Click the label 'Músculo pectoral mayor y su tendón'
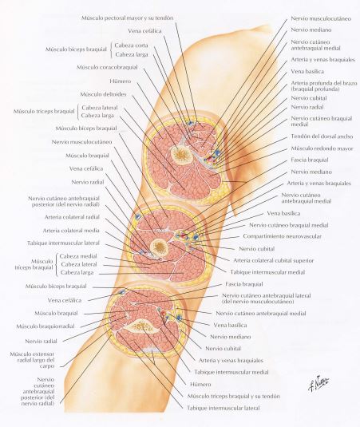click(127, 18)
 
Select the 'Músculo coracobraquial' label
click(107, 67)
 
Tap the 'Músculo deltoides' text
click(103, 94)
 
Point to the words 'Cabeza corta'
click(131, 45)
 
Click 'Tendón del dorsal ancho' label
click(322, 136)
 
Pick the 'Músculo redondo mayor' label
click(322, 148)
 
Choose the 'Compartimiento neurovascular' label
click(282, 236)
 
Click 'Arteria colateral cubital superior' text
click(274, 261)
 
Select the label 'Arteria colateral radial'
click(72, 217)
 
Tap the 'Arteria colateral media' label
click(71, 231)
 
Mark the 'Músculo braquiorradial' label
click(45, 326)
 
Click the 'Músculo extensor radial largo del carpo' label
click(32, 360)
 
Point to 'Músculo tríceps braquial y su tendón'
click(233, 396)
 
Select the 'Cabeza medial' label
click(78, 256)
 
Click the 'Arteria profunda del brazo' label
click(324, 83)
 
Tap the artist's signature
click(318, 384)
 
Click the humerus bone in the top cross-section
click(180, 155)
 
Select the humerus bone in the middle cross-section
click(160, 248)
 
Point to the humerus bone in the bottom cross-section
click(141, 325)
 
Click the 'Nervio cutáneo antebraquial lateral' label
click(267, 296)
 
